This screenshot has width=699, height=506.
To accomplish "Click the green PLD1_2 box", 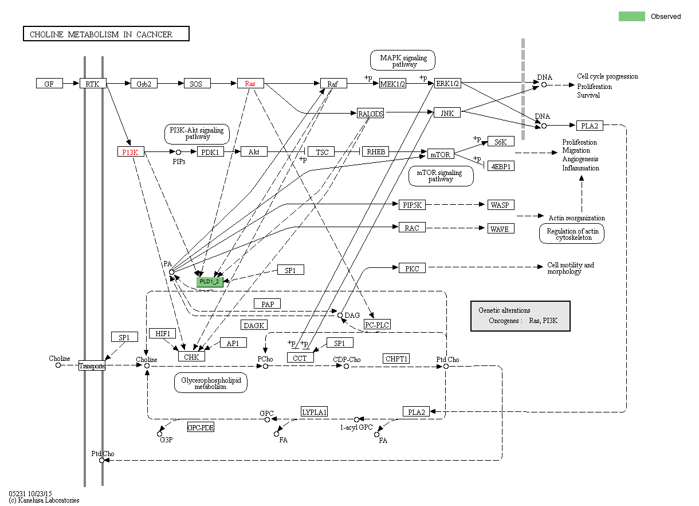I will [209, 281].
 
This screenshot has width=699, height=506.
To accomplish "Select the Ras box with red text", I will [250, 84].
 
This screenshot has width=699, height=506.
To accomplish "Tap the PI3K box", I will [130, 152].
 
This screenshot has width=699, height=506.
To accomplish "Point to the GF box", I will [49, 84].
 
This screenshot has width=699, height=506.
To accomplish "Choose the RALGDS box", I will [370, 113].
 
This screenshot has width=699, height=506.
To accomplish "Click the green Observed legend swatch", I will [631, 16].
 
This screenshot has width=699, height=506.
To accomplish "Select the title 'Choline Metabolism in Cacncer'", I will [106, 34].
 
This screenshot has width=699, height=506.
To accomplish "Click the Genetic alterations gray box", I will [520, 316].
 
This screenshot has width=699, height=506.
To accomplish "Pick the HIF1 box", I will [163, 333].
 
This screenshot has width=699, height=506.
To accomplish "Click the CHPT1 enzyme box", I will [396, 359].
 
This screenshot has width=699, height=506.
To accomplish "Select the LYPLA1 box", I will [315, 412].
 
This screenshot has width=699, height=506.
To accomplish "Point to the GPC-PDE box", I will [201, 427].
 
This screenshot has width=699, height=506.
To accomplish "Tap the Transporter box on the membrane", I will [92, 366].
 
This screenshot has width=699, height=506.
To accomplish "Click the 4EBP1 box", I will [501, 166].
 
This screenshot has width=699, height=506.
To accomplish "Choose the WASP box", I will [501, 205].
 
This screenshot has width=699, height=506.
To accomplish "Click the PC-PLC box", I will [378, 325].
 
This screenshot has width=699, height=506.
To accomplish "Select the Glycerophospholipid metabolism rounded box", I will [210, 383].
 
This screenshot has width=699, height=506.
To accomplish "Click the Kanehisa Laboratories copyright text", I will [44, 500].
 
